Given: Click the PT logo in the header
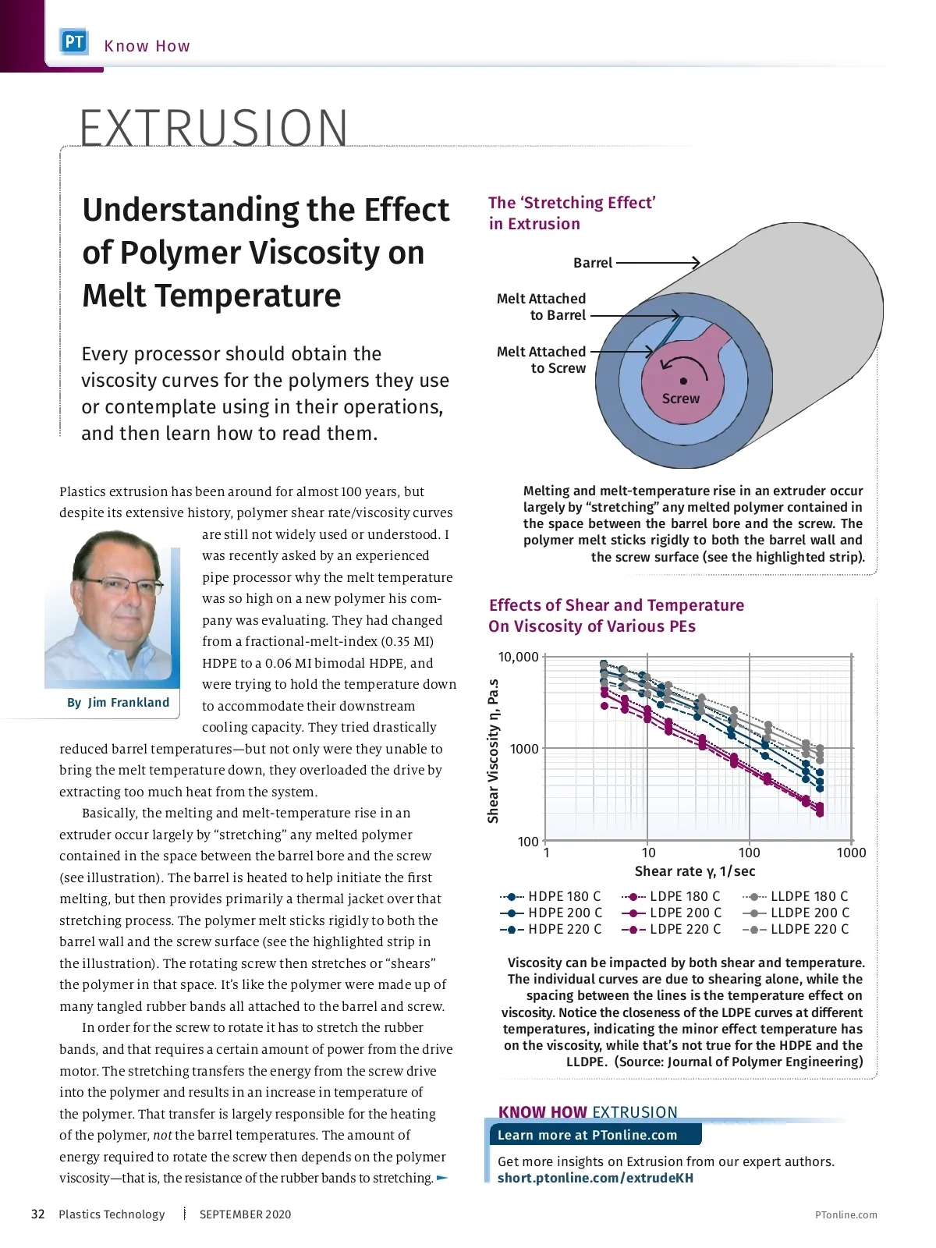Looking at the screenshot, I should pyautogui.click(x=74, y=42).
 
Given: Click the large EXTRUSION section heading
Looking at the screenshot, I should pyautogui.click(x=214, y=128).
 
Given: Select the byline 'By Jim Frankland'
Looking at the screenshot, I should pyautogui.click(x=118, y=703).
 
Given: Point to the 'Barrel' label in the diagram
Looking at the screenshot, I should pyautogui.click(x=593, y=263).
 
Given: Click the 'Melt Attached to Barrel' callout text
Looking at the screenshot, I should pyautogui.click(x=541, y=307).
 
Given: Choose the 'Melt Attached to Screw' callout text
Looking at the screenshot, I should pyautogui.click(x=541, y=360).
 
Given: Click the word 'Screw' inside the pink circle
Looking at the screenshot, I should pyautogui.click(x=681, y=399).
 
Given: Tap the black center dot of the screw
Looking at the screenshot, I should pyautogui.click(x=683, y=381).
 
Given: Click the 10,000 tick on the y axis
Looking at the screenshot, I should pyautogui.click(x=519, y=657).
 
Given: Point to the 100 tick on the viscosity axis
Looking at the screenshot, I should pyautogui.click(x=528, y=842).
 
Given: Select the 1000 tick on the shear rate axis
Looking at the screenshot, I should pyautogui.click(x=851, y=853).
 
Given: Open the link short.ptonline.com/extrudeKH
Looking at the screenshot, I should pyautogui.click(x=595, y=1178).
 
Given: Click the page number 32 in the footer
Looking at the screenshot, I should pyautogui.click(x=37, y=1214).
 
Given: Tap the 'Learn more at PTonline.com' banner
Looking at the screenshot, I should pyautogui.click(x=587, y=1135).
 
